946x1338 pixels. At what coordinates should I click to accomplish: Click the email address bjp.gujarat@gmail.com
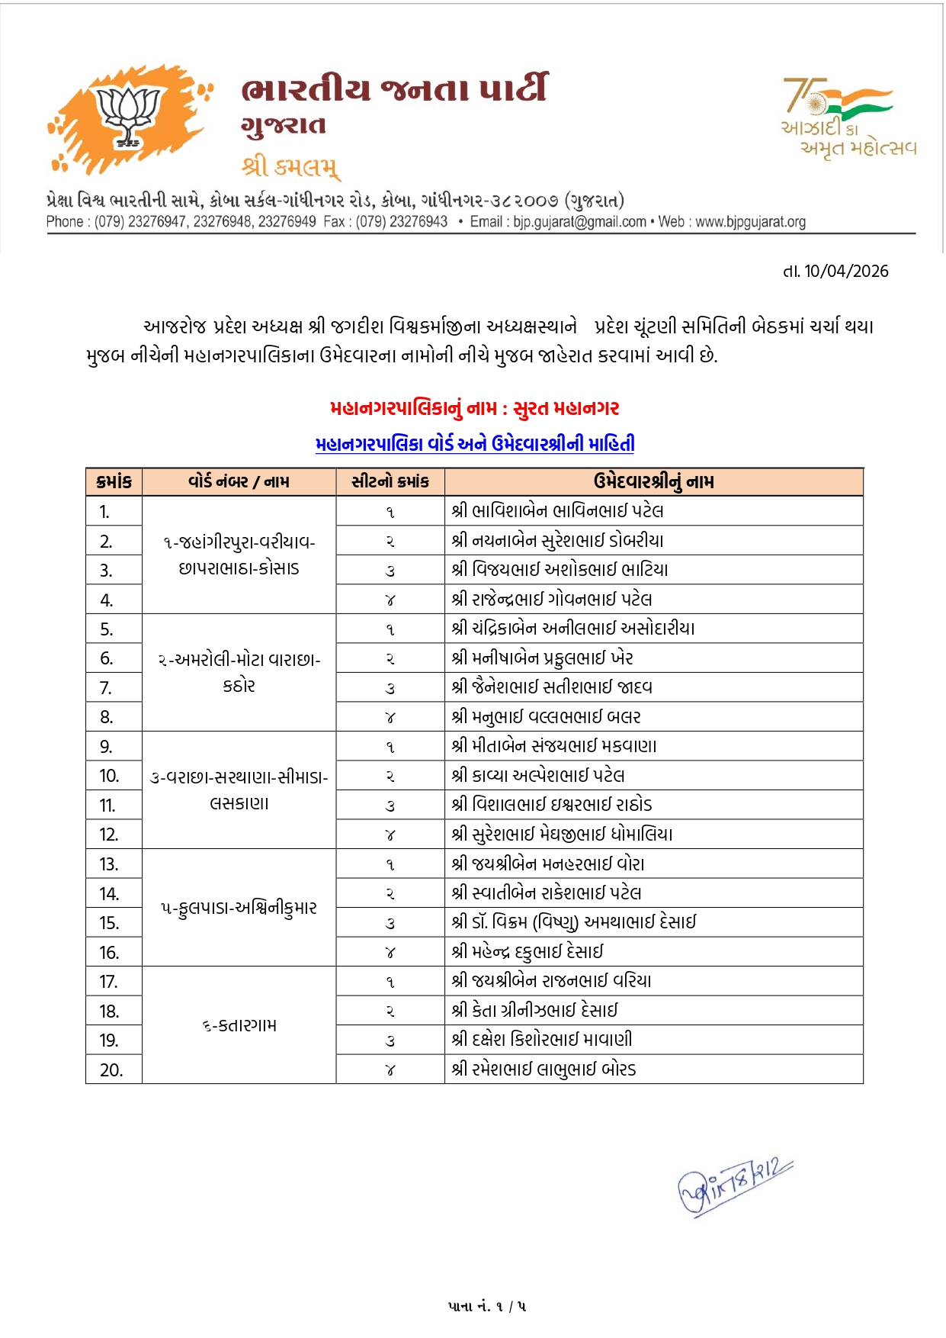pos(579,222)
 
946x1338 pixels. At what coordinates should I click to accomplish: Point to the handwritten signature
pos(735,1186)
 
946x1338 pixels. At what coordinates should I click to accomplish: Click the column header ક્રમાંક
pos(114,482)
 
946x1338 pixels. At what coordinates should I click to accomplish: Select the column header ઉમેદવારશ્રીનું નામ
pos(653,482)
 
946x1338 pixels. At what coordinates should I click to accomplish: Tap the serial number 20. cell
pos(111,1070)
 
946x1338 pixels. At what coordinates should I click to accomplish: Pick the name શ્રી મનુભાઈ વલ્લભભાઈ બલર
pos(546,717)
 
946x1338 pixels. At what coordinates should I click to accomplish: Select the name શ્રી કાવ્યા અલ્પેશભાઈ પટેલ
pos(538,776)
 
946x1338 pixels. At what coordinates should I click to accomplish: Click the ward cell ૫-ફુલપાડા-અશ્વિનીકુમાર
pos(239,909)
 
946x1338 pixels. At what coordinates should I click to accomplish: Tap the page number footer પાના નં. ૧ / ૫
pos(487,1307)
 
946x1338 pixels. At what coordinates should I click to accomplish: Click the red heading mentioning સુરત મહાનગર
pos(474,409)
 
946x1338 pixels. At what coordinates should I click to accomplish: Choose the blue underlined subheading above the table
pos(474,444)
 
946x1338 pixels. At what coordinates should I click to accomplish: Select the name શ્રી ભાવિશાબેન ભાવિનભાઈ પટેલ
pos(557,511)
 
